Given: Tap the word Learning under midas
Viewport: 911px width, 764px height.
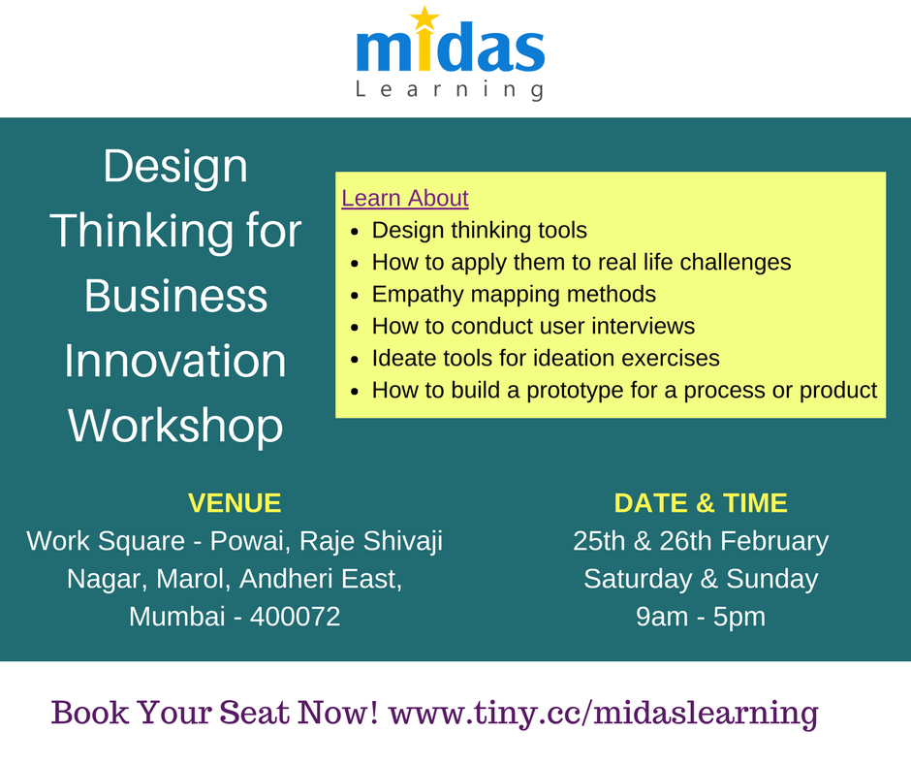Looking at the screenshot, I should click(x=449, y=90).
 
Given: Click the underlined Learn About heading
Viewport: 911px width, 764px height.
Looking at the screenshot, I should click(x=405, y=199).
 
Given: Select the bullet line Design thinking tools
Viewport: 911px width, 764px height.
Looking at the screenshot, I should click(x=479, y=231).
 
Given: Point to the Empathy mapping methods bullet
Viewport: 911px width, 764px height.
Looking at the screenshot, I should click(x=514, y=294).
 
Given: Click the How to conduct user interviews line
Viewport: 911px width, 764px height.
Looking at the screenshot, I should click(x=533, y=326).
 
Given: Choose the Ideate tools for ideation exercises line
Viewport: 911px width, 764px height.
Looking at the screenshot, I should click(x=546, y=358).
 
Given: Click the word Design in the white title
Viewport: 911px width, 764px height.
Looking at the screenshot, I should click(x=175, y=167).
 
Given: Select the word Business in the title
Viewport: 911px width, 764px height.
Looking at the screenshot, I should click(x=175, y=297).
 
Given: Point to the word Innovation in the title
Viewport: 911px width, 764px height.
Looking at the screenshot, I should click(x=175, y=362).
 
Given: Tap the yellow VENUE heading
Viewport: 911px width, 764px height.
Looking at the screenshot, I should click(x=235, y=503).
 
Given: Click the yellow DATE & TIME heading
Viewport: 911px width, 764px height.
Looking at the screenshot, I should click(x=701, y=503).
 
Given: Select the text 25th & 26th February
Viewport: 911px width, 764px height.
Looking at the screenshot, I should click(x=701, y=541).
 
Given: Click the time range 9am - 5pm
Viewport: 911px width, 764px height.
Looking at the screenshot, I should click(x=701, y=617).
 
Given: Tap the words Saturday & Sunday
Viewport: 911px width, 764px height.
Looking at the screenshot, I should click(x=701, y=579).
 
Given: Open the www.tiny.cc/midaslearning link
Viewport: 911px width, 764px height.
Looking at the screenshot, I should click(x=603, y=713).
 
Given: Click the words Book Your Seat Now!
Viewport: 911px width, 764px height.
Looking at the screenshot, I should click(x=214, y=713).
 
